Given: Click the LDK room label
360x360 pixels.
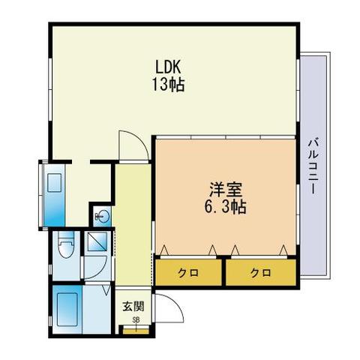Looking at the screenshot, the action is pyautogui.click(x=168, y=67).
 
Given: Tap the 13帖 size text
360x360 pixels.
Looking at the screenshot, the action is pyautogui.click(x=168, y=85).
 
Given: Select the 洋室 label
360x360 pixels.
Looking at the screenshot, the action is pyautogui.click(x=226, y=190).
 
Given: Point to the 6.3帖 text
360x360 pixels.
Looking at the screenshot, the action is pyautogui.click(x=226, y=207).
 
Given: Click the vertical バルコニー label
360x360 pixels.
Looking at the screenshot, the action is pyautogui.click(x=313, y=166).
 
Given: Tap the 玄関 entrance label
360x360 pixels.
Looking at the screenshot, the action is pyautogui.click(x=133, y=306).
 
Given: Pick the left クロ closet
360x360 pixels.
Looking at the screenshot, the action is pyautogui.click(x=188, y=272).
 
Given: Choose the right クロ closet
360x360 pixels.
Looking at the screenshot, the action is pyautogui.click(x=261, y=272).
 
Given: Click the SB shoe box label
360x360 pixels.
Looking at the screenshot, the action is pyautogui.click(x=136, y=319).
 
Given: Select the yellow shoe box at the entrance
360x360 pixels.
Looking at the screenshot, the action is pyautogui.click(x=136, y=331).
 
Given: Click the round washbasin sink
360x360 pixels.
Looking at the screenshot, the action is pyautogui.click(x=103, y=215).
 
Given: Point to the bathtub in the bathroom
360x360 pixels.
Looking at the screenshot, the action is pyautogui.click(x=67, y=310).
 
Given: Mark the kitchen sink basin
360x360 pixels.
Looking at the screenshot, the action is pyautogui.click(x=54, y=183).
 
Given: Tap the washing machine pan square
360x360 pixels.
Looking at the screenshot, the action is pyautogui.click(x=97, y=241).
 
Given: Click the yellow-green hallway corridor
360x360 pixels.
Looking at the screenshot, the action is pyautogui.click(x=133, y=224).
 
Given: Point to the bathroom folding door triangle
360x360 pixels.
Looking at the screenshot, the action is pyautogui.click(x=106, y=289).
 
